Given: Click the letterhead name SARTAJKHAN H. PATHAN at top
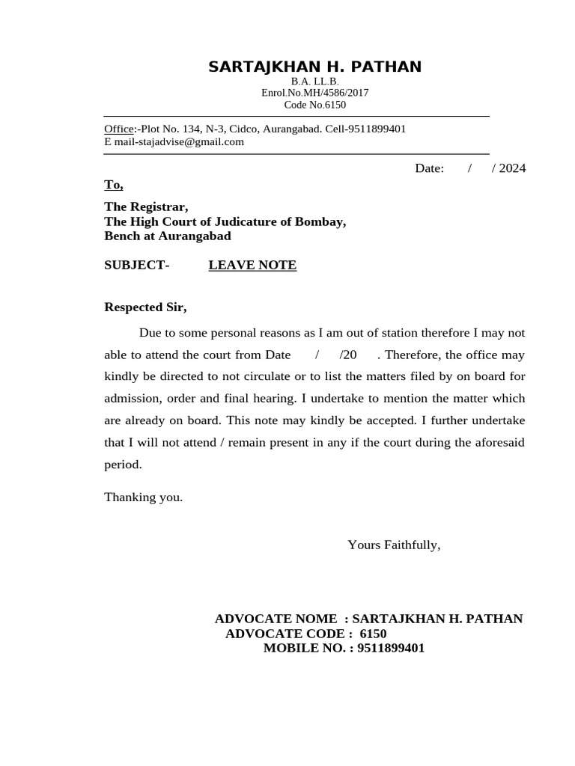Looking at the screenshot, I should (314, 67).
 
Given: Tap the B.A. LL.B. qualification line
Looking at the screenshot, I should (314, 82).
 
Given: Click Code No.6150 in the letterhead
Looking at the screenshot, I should (314, 105).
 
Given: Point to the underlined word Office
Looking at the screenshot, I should (118, 129).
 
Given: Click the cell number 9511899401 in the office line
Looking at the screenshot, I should (377, 129).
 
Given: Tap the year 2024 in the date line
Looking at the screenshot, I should (512, 168).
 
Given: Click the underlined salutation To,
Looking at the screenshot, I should (114, 185).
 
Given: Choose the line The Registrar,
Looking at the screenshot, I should (146, 206).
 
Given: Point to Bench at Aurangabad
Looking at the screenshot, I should (167, 236).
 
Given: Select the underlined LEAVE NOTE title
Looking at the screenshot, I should (252, 266).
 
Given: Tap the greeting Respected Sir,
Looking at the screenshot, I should (145, 307).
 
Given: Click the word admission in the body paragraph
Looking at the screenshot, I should (132, 399).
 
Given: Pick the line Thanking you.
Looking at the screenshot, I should (143, 497).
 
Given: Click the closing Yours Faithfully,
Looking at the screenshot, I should (394, 545).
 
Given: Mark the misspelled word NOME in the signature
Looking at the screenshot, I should (317, 619).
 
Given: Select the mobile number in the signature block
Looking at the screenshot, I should (391, 649).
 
